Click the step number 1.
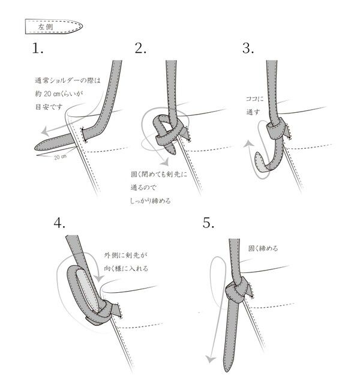[39, 49]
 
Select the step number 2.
[141, 49]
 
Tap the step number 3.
[248, 49]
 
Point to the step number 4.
[59, 223]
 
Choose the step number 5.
[209, 223]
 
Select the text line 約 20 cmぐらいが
[57, 94]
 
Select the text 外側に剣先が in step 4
[127, 254]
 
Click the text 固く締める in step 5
[263, 247]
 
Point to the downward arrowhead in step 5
[210, 359]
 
